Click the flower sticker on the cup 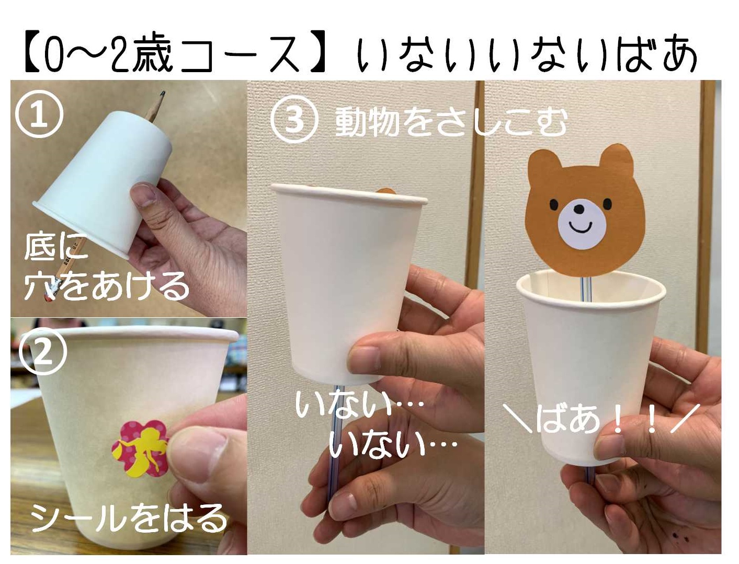[x=140, y=448]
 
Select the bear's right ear [x=617, y=160]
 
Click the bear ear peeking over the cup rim [x=386, y=191]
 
